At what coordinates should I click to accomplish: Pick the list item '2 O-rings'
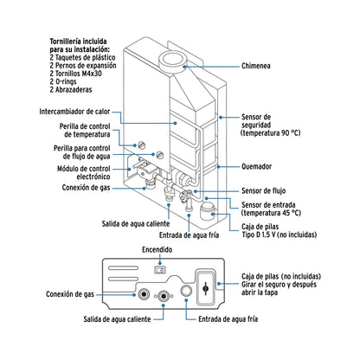(x=67, y=81)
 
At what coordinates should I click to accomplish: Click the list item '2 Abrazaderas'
(x=75, y=90)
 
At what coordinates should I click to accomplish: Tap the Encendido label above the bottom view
(x=158, y=249)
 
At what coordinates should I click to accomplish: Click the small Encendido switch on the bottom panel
(x=157, y=269)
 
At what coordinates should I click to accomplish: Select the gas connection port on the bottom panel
(x=142, y=294)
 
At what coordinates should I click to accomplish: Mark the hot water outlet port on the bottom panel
(x=164, y=295)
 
